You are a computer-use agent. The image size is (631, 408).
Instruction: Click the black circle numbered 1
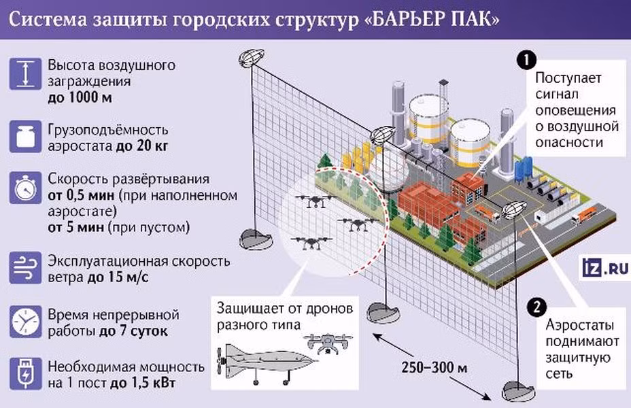pyautogui.click(x=526, y=59)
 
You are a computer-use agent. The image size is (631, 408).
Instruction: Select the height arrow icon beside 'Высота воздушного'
pyautogui.click(x=24, y=73)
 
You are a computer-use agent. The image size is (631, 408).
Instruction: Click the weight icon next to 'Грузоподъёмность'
pyautogui.click(x=24, y=136)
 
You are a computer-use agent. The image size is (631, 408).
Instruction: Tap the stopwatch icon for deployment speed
pyautogui.click(x=24, y=186)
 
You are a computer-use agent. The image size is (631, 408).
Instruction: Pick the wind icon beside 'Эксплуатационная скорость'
pyautogui.click(x=24, y=268)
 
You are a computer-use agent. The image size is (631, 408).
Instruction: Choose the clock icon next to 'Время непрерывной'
pyautogui.click(x=24, y=322)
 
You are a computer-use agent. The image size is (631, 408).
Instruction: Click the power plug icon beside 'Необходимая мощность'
pyautogui.click(x=24, y=375)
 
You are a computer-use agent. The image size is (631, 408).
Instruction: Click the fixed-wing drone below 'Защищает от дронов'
pyautogui.click(x=254, y=358)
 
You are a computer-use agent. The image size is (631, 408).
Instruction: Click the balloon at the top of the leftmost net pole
pyautogui.click(x=252, y=57)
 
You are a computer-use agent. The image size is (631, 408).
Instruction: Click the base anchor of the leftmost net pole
pyautogui.click(x=256, y=238)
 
